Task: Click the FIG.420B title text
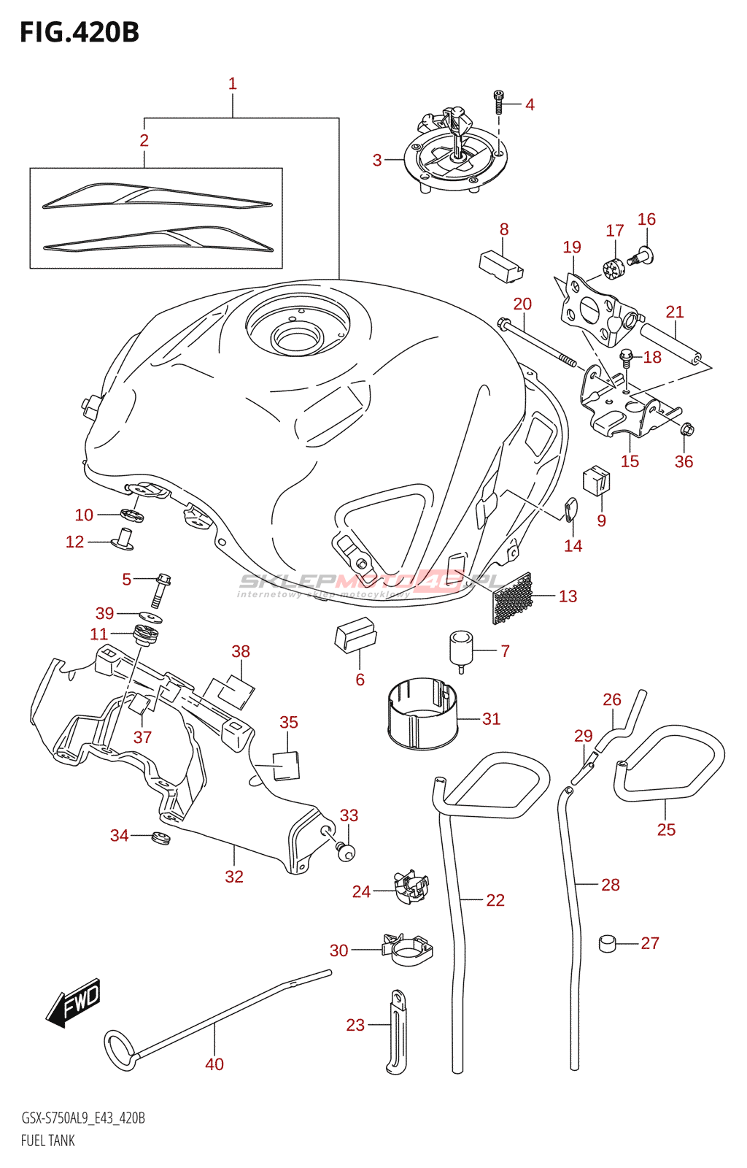pyautogui.click(x=80, y=33)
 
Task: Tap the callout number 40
pyautogui.click(x=214, y=1064)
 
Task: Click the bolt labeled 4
pyautogui.click(x=498, y=102)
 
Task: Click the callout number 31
pyautogui.click(x=491, y=718)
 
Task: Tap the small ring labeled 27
pyautogui.click(x=607, y=943)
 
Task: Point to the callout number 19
pyautogui.click(x=572, y=247)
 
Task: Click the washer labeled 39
pyautogui.click(x=150, y=618)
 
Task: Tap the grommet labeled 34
pyautogui.click(x=160, y=839)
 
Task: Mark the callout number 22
pyautogui.click(x=495, y=900)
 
